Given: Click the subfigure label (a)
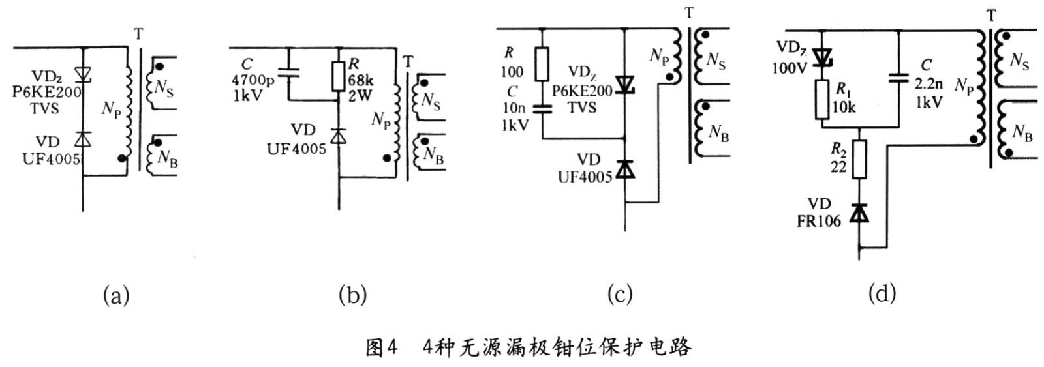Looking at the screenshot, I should [x=117, y=296].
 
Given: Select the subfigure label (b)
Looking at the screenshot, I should [x=352, y=296].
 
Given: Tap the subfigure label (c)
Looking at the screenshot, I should [x=620, y=295].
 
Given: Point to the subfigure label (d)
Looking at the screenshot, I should [x=882, y=295].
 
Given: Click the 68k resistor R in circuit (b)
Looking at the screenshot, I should [x=339, y=76].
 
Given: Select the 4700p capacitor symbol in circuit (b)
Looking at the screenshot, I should [x=288, y=74].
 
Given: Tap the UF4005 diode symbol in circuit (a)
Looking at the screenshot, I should [x=83, y=139].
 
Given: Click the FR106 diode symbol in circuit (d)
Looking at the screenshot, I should [x=860, y=213].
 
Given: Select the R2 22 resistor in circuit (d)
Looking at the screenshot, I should [x=860, y=160].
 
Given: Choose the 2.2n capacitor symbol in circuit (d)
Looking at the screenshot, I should [x=900, y=78].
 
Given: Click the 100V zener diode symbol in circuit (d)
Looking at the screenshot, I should [x=820, y=57].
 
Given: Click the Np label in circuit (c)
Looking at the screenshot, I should [x=659, y=56].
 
